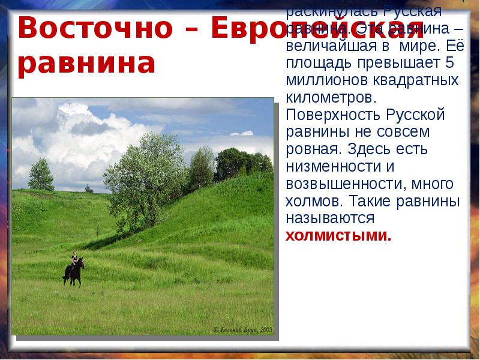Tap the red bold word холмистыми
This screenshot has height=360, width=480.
pos(338,235)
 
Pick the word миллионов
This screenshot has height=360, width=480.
pos(320,80)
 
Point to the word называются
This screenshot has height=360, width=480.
pos(330,218)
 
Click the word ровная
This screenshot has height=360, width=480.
pos(312,149)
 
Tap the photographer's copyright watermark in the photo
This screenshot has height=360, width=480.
pos(243,329)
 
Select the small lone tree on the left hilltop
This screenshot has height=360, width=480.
pos(40,173)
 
